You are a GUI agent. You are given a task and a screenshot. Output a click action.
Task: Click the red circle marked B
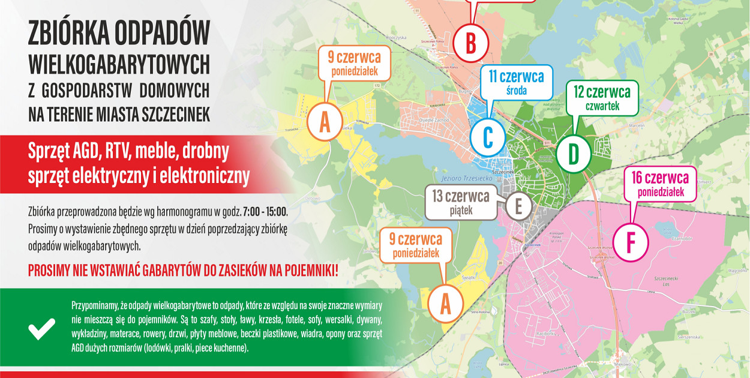tap(471, 43)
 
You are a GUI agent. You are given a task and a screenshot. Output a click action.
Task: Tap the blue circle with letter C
tap(488, 137)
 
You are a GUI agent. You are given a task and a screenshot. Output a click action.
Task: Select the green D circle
tap(574, 154)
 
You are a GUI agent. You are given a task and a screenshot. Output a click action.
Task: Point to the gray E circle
tap(518, 206)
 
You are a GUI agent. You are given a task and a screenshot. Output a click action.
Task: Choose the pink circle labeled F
tap(631, 242)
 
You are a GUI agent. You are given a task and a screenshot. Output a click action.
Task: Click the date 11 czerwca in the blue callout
tap(515, 77)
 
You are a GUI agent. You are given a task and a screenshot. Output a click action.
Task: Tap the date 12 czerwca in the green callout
tap(602, 92)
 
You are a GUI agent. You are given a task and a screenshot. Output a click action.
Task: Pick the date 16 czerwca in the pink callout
tap(659, 178)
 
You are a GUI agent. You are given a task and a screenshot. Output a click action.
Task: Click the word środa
tap(516, 91)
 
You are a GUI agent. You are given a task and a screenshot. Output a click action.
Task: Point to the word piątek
tap(460, 210)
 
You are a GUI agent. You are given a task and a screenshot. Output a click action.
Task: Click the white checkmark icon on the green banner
tap(42, 329)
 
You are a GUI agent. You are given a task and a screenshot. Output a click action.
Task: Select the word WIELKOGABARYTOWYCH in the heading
tap(119, 62)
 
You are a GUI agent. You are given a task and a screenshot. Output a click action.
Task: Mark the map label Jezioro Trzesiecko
tap(459, 178)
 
